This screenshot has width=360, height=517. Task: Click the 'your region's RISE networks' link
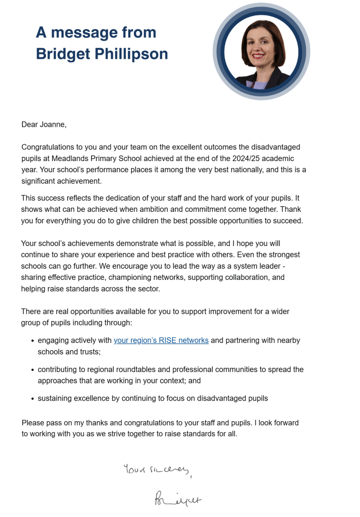pyautogui.click(x=161, y=340)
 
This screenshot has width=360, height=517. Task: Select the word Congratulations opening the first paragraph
pyautogui.click(x=50, y=147)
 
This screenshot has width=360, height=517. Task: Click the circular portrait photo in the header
pyautogui.click(x=261, y=51)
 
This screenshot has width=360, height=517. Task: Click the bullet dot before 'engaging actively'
pyautogui.click(x=32, y=340)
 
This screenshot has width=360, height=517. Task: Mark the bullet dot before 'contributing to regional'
pyautogui.click(x=32, y=370)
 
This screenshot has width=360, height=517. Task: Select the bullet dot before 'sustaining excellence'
pyautogui.click(x=32, y=399)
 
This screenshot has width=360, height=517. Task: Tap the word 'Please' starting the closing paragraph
pyautogui.click(x=32, y=423)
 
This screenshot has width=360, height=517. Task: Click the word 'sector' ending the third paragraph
pyautogui.click(x=148, y=289)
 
